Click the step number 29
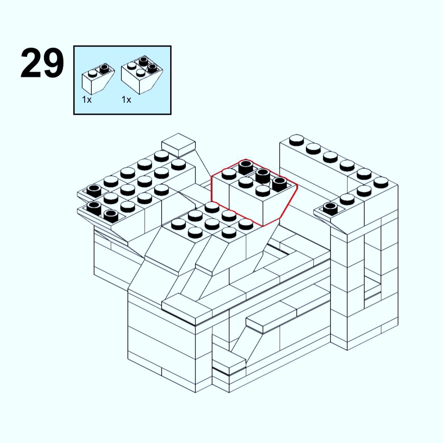tap(42, 63)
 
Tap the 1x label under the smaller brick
tap(87, 100)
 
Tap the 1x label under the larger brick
tap(126, 100)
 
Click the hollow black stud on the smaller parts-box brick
tap(105, 68)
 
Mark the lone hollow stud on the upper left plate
tap(94, 190)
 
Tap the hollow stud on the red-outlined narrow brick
tap(246, 166)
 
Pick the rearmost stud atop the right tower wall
tap(296, 140)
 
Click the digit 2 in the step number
tap(31, 63)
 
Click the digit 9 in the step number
tap(53, 63)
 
